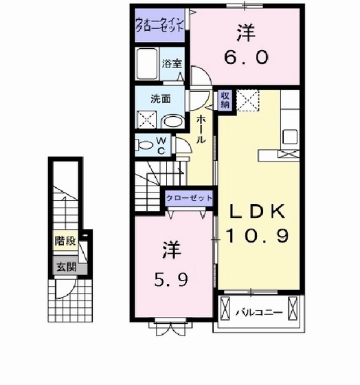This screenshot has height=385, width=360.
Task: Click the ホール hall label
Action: point(200,129)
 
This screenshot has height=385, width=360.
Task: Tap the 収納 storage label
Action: point(225,101)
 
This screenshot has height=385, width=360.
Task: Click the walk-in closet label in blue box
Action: point(159,27)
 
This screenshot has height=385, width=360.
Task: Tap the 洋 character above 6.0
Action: point(246,32)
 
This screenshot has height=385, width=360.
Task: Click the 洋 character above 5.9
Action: point(170,250)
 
